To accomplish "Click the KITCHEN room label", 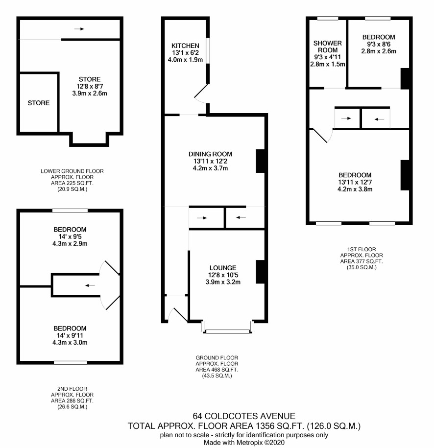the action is (185, 46).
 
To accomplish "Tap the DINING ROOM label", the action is (210, 154).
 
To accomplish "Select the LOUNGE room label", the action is (223, 268).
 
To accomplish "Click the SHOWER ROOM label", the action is (328, 47).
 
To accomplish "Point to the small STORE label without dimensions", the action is (39, 103).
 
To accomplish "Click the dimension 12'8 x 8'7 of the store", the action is (90, 86).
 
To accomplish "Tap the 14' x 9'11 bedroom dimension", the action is (70, 335).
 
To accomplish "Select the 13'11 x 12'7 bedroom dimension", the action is (355, 182).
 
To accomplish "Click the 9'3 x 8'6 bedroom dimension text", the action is (379, 44).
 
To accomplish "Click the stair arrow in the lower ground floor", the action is (79, 29).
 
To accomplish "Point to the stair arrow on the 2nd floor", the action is (90, 285).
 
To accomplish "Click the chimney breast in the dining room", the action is (260, 161).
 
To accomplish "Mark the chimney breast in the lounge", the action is (260, 272).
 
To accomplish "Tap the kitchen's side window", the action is (208, 50).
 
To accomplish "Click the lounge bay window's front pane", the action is (228, 331).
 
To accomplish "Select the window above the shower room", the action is (328, 19).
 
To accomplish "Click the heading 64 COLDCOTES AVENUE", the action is (244, 416).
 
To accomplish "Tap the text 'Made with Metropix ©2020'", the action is (244, 443).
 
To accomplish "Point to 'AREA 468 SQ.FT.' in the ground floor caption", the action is (217, 370).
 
